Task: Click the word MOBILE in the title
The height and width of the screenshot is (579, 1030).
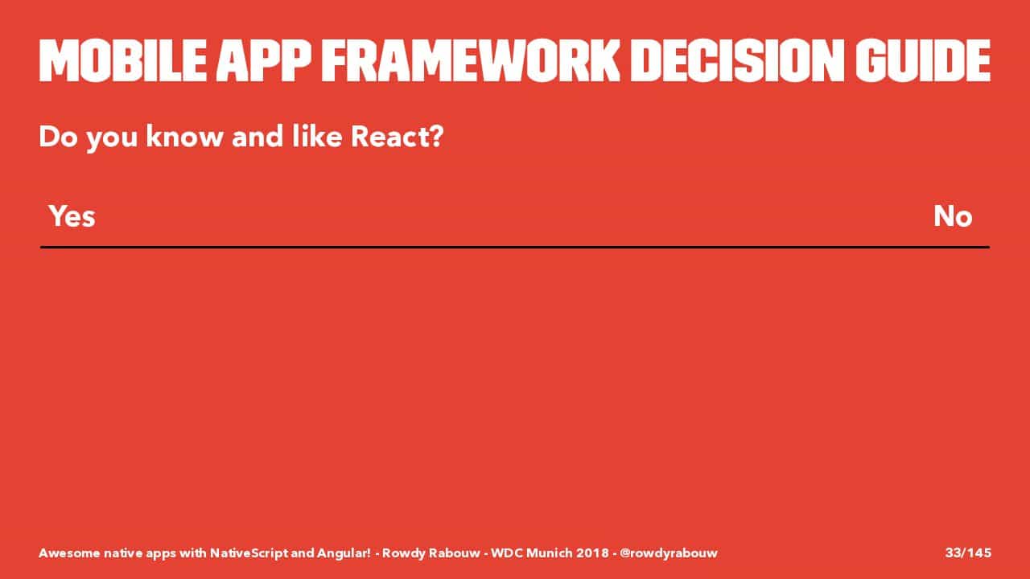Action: click(122, 60)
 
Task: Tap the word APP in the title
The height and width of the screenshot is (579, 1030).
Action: click(264, 60)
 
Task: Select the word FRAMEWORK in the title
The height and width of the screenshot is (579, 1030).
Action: click(471, 60)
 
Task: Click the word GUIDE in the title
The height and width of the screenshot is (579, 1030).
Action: click(923, 60)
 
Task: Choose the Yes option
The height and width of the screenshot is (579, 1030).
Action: click(72, 216)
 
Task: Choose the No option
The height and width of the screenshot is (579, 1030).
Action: click(953, 216)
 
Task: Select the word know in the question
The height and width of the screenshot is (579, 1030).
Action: click(184, 137)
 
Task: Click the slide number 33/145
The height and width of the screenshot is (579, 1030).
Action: click(968, 552)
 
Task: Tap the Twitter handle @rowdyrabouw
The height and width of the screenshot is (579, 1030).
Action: click(669, 552)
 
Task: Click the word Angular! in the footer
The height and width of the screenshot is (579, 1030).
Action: click(344, 553)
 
